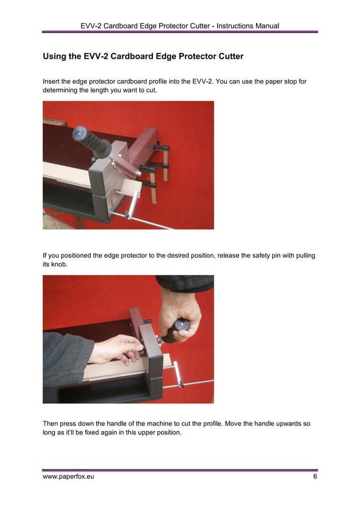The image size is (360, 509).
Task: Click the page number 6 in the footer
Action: click(315, 477)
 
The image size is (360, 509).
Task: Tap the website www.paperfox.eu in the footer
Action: click(68, 477)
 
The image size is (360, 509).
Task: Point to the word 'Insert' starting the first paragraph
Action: click(53, 81)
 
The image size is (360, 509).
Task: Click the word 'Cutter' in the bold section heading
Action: click(227, 56)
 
